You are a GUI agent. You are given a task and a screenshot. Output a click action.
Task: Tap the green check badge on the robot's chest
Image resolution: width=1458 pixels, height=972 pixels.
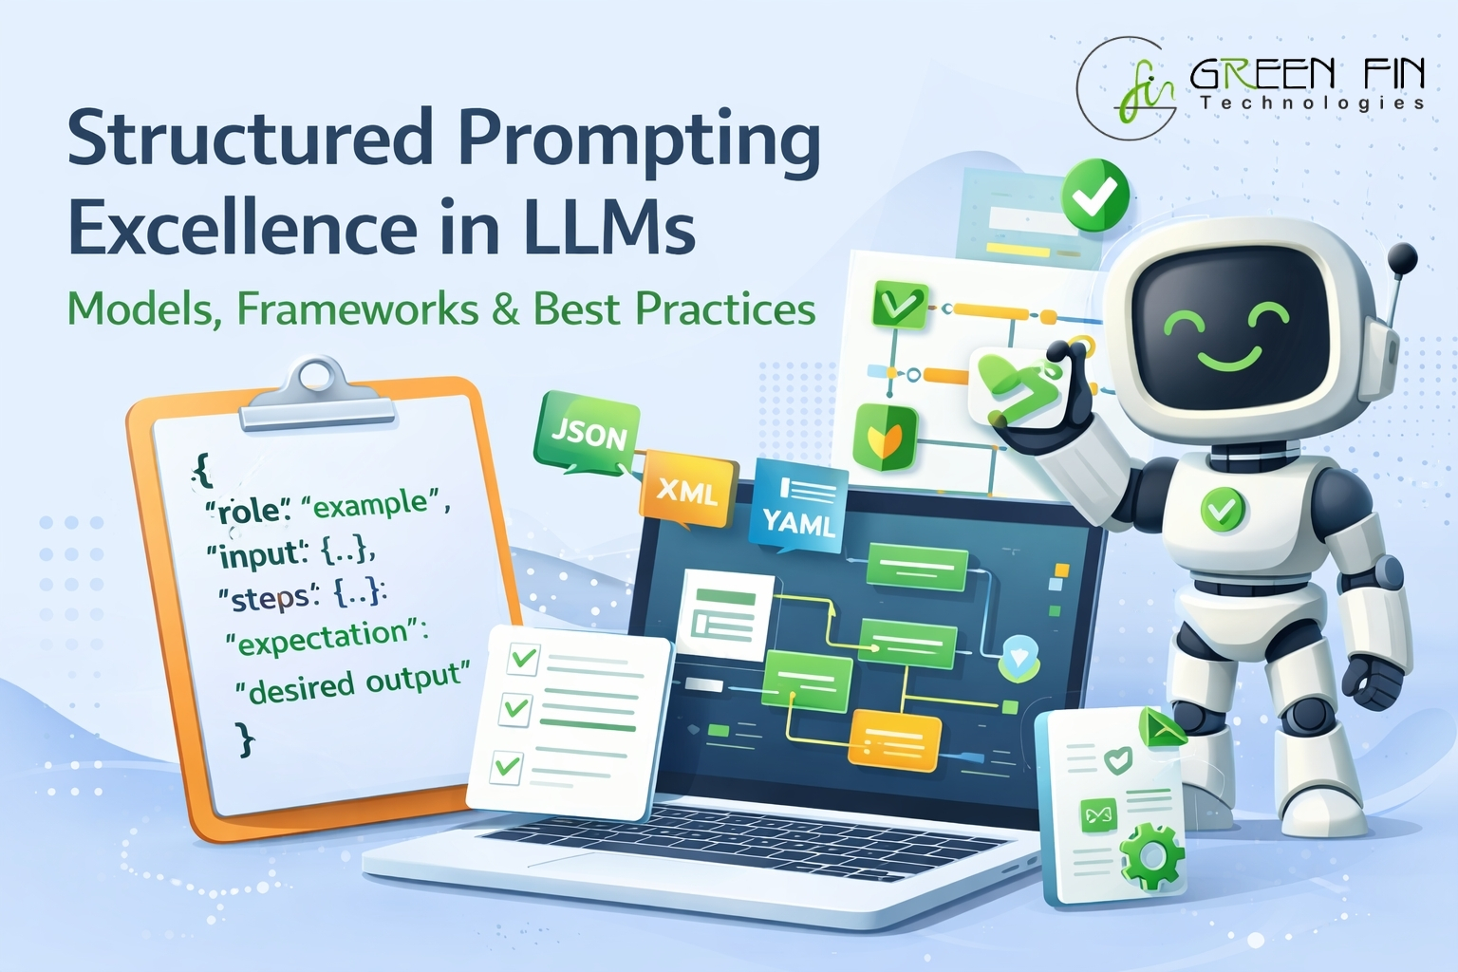tap(1223, 509)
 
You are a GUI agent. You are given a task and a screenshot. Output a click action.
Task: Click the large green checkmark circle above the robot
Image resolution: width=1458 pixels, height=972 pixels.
tap(1094, 196)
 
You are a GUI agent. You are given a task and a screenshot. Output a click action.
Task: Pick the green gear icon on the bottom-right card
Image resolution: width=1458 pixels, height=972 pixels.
tap(1150, 858)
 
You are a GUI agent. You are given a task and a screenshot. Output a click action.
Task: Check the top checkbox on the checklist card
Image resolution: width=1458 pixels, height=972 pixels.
tap(523, 658)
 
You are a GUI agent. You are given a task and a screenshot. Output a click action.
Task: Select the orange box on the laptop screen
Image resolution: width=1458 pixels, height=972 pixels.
tap(895, 740)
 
